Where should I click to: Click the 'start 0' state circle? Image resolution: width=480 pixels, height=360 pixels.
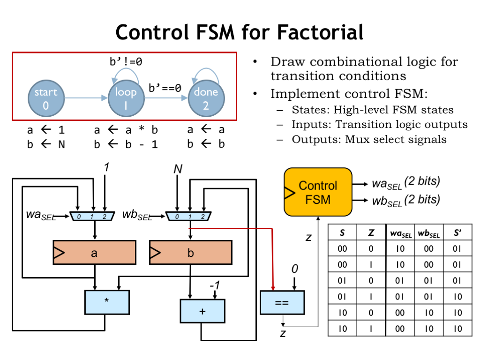pyautogui.click(x=46, y=98)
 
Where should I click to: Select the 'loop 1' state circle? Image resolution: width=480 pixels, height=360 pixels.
pyautogui.click(x=126, y=98)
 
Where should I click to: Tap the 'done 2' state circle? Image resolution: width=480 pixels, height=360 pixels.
pyautogui.click(x=206, y=98)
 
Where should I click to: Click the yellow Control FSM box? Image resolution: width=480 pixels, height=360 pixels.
pyautogui.click(x=318, y=192)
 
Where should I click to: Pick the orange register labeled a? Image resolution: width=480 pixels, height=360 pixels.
pyautogui.click(x=94, y=253)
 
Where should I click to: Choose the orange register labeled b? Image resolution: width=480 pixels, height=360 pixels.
pyautogui.click(x=191, y=253)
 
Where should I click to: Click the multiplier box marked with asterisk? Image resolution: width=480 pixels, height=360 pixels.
pyautogui.click(x=107, y=302)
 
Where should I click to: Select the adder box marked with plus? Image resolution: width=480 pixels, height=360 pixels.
pyautogui.click(x=202, y=311)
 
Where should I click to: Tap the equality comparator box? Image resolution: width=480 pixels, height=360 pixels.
pyautogui.click(x=282, y=303)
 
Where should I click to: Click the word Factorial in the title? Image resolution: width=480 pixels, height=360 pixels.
pyautogui.click(x=320, y=32)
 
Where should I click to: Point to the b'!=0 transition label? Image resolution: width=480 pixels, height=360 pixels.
pyautogui.click(x=126, y=61)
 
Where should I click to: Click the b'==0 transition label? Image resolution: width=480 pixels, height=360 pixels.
pyautogui.click(x=165, y=88)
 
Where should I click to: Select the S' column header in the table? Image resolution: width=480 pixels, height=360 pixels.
pyautogui.click(x=457, y=232)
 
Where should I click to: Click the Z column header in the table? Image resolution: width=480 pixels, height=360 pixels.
pyautogui.click(x=371, y=232)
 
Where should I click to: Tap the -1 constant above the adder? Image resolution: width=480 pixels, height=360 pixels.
pyautogui.click(x=215, y=285)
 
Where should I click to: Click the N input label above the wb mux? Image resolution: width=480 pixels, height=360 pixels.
pyautogui.click(x=178, y=169)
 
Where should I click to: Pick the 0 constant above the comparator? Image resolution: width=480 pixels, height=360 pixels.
pyautogui.click(x=294, y=269)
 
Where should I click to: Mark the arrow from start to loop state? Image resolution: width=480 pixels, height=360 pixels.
pyautogui.click(x=86, y=98)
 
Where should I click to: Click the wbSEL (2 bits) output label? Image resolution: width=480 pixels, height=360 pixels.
pyautogui.click(x=406, y=201)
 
